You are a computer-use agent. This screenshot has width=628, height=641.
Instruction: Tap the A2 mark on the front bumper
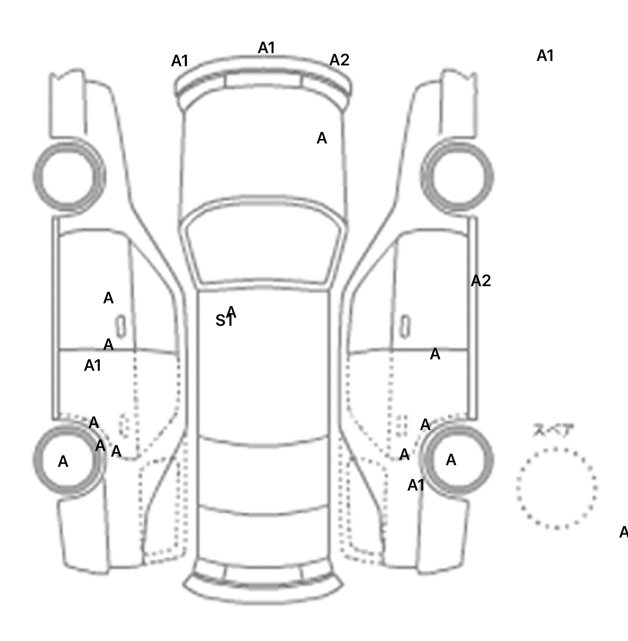click(x=339, y=60)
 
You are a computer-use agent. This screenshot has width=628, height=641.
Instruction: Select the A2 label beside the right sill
click(x=480, y=281)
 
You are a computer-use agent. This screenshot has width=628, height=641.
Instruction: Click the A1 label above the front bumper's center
click(x=266, y=48)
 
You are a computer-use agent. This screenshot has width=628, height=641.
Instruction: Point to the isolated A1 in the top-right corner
click(x=545, y=56)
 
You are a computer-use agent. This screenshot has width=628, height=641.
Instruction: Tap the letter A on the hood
click(x=322, y=139)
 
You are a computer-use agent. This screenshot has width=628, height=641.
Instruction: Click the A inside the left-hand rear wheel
click(x=63, y=462)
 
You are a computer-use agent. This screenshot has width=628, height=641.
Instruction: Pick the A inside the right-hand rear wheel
click(x=451, y=460)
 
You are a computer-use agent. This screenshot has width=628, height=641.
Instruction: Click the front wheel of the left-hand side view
click(x=69, y=176)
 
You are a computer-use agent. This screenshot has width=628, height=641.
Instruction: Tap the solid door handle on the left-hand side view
click(x=121, y=326)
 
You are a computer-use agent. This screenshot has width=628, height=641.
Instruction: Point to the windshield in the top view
click(x=264, y=245)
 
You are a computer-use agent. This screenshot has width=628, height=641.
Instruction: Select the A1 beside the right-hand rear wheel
click(x=416, y=486)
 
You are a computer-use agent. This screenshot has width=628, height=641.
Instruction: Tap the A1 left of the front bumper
click(x=179, y=61)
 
